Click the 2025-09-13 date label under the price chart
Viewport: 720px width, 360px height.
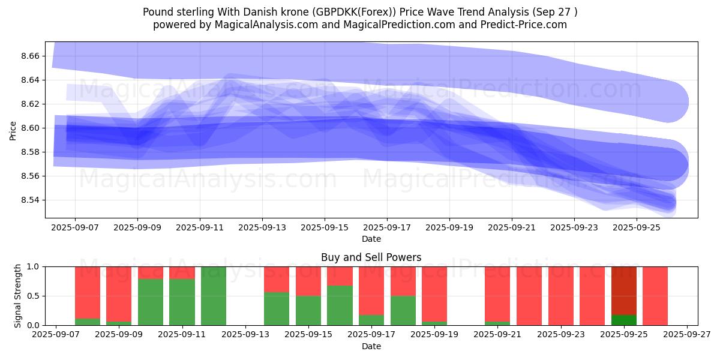pos(262,228)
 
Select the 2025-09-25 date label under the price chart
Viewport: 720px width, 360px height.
pos(637,228)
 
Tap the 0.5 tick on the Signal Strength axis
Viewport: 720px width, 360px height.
pos(34,296)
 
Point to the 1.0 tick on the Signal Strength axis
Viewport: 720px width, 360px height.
pos(34,266)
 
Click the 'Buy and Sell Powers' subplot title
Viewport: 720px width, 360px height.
pos(371,257)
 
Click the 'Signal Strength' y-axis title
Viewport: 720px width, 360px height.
pos(18,295)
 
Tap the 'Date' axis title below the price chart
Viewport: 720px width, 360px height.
pos(371,239)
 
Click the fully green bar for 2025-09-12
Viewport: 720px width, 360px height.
pos(214,296)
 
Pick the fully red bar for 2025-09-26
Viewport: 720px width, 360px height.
pos(655,296)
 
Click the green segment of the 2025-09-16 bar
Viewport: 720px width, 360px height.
pos(340,305)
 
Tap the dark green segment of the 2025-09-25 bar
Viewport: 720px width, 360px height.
pos(624,320)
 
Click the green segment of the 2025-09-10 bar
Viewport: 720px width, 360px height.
pos(151,302)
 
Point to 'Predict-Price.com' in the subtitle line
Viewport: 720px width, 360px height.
pos(528,25)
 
